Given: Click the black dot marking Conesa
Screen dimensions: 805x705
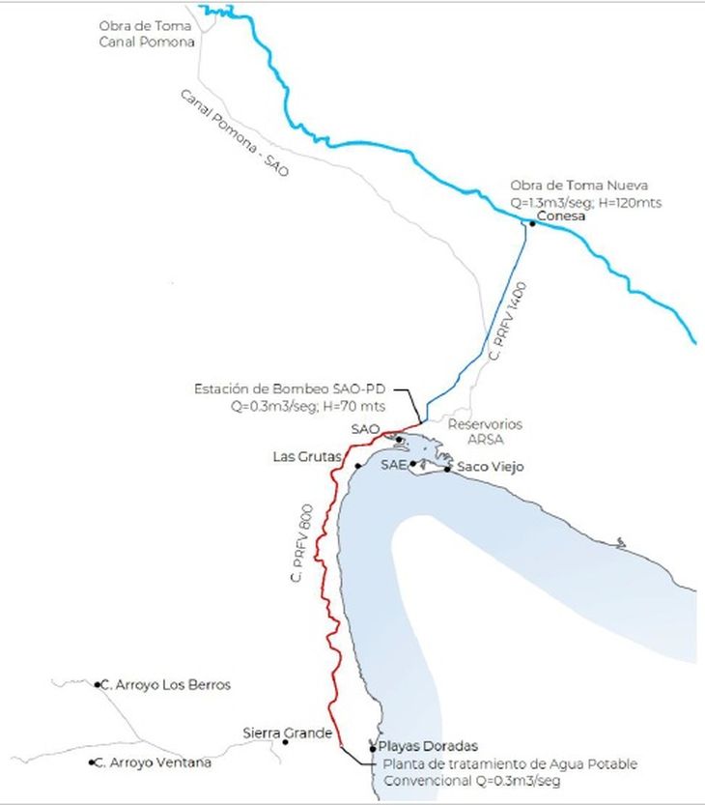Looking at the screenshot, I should click(x=532, y=223).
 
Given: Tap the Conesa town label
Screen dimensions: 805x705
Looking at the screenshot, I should click(x=562, y=216).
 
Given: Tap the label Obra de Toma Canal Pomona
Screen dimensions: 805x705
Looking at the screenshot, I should click(x=147, y=34).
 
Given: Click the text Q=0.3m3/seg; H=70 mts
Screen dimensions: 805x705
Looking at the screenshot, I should click(x=298, y=406).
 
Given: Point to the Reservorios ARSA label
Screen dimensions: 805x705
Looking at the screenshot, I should click(x=485, y=431).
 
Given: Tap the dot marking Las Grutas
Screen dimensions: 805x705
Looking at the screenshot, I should click(x=357, y=467).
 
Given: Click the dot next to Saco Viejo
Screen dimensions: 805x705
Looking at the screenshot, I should click(x=447, y=470).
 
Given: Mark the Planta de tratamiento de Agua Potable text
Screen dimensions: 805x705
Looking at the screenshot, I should click(x=506, y=764).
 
